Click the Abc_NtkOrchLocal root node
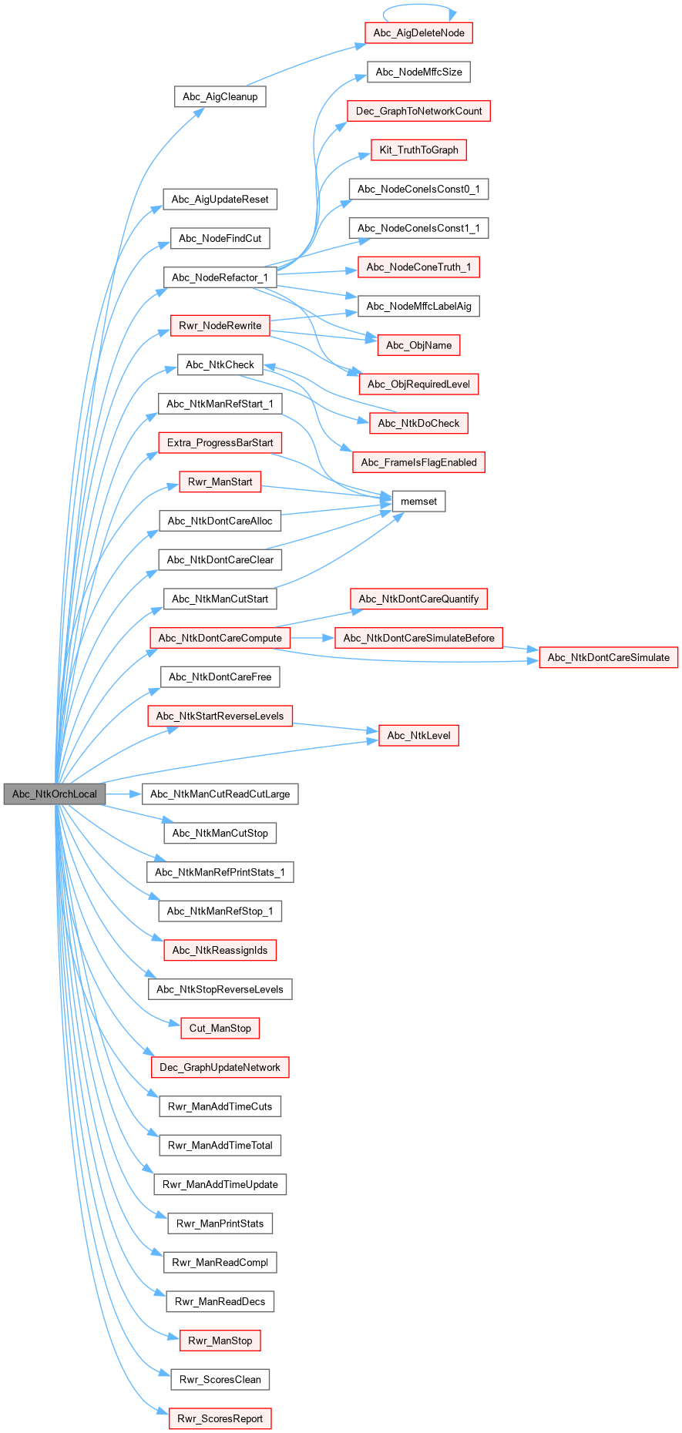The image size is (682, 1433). (54, 794)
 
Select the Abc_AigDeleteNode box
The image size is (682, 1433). (418, 33)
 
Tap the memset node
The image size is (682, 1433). (418, 502)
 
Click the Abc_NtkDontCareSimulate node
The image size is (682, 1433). (608, 657)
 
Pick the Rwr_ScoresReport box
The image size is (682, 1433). (220, 1418)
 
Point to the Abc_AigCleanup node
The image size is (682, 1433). (220, 96)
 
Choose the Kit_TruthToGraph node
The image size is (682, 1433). (418, 150)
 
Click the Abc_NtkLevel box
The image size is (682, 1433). (418, 736)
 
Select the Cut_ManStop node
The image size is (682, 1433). (220, 1028)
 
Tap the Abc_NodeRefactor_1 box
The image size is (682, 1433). (220, 277)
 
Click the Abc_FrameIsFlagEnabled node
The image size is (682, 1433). (418, 462)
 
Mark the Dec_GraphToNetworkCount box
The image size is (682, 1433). (418, 111)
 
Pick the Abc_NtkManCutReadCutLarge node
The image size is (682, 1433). (220, 794)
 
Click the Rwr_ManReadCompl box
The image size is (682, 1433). (220, 1262)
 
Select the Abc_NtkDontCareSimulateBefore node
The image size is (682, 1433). (418, 638)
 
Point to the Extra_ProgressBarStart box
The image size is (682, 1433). (220, 443)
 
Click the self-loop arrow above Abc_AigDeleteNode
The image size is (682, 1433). (419, 6)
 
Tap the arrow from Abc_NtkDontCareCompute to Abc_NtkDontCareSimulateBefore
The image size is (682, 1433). (312, 638)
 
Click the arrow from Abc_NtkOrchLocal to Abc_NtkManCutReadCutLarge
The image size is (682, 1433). (123, 794)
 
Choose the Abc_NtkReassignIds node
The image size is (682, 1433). (220, 950)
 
